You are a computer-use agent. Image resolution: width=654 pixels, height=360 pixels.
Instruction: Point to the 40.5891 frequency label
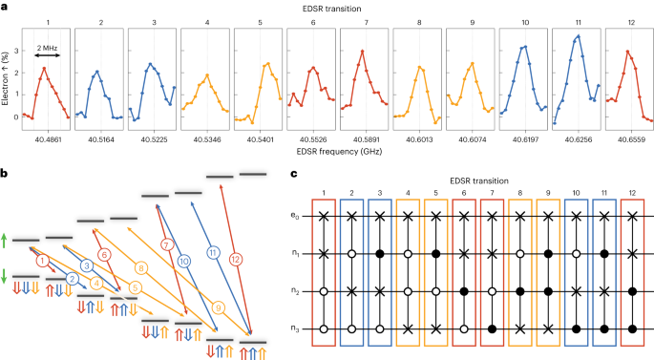tap(364, 137)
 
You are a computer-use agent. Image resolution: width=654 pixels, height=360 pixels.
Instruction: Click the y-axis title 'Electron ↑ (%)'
tap(8, 79)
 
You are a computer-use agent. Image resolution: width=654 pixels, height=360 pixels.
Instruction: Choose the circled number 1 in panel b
tap(41, 260)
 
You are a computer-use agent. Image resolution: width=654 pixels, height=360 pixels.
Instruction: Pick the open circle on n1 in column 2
tap(356, 255)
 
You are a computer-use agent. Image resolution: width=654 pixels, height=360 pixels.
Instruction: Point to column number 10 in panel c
tap(578, 195)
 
